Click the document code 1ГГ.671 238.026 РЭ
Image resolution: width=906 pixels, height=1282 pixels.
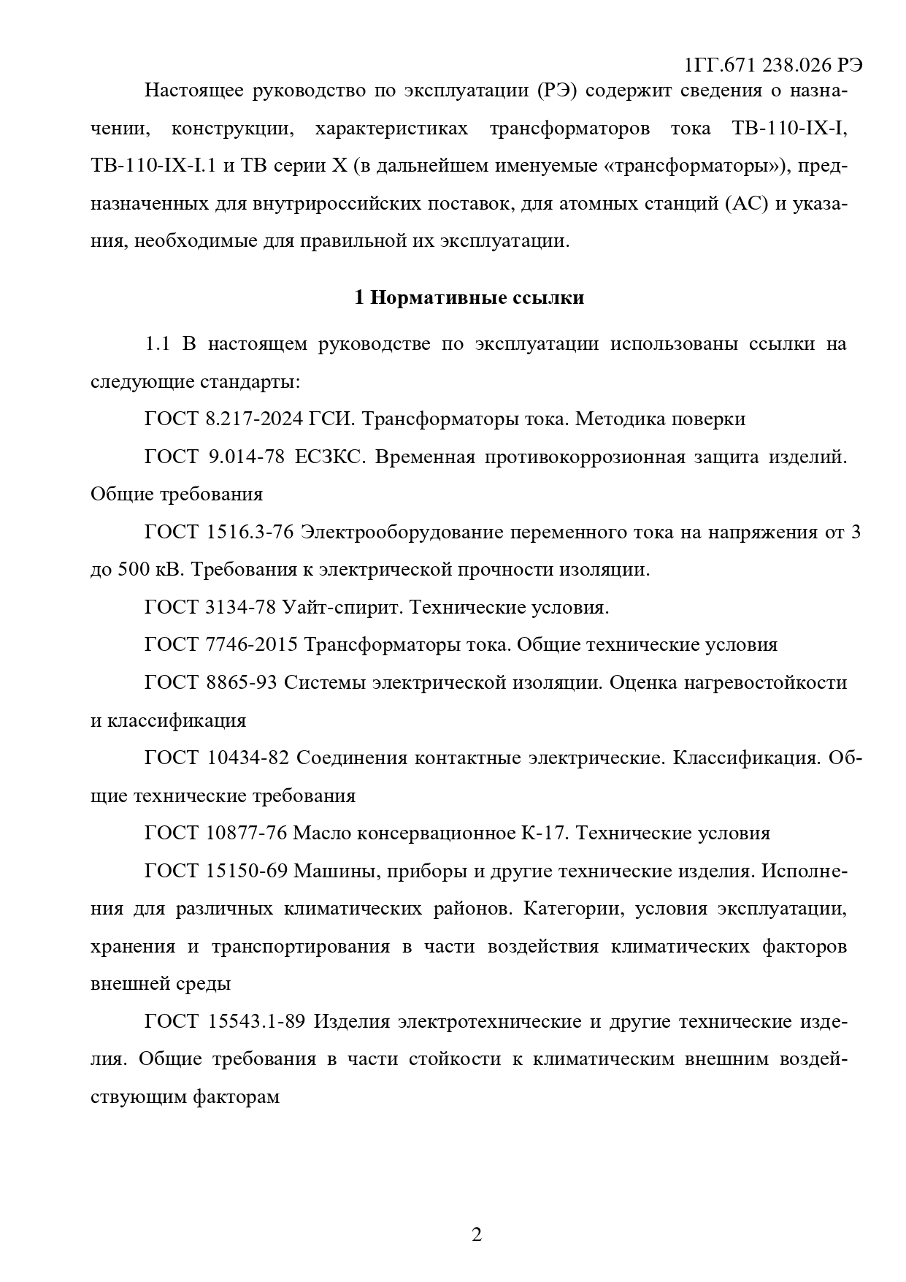click(x=774, y=65)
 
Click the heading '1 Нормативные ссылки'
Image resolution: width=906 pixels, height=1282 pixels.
click(x=469, y=298)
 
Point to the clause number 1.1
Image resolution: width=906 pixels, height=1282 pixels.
click(x=158, y=343)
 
